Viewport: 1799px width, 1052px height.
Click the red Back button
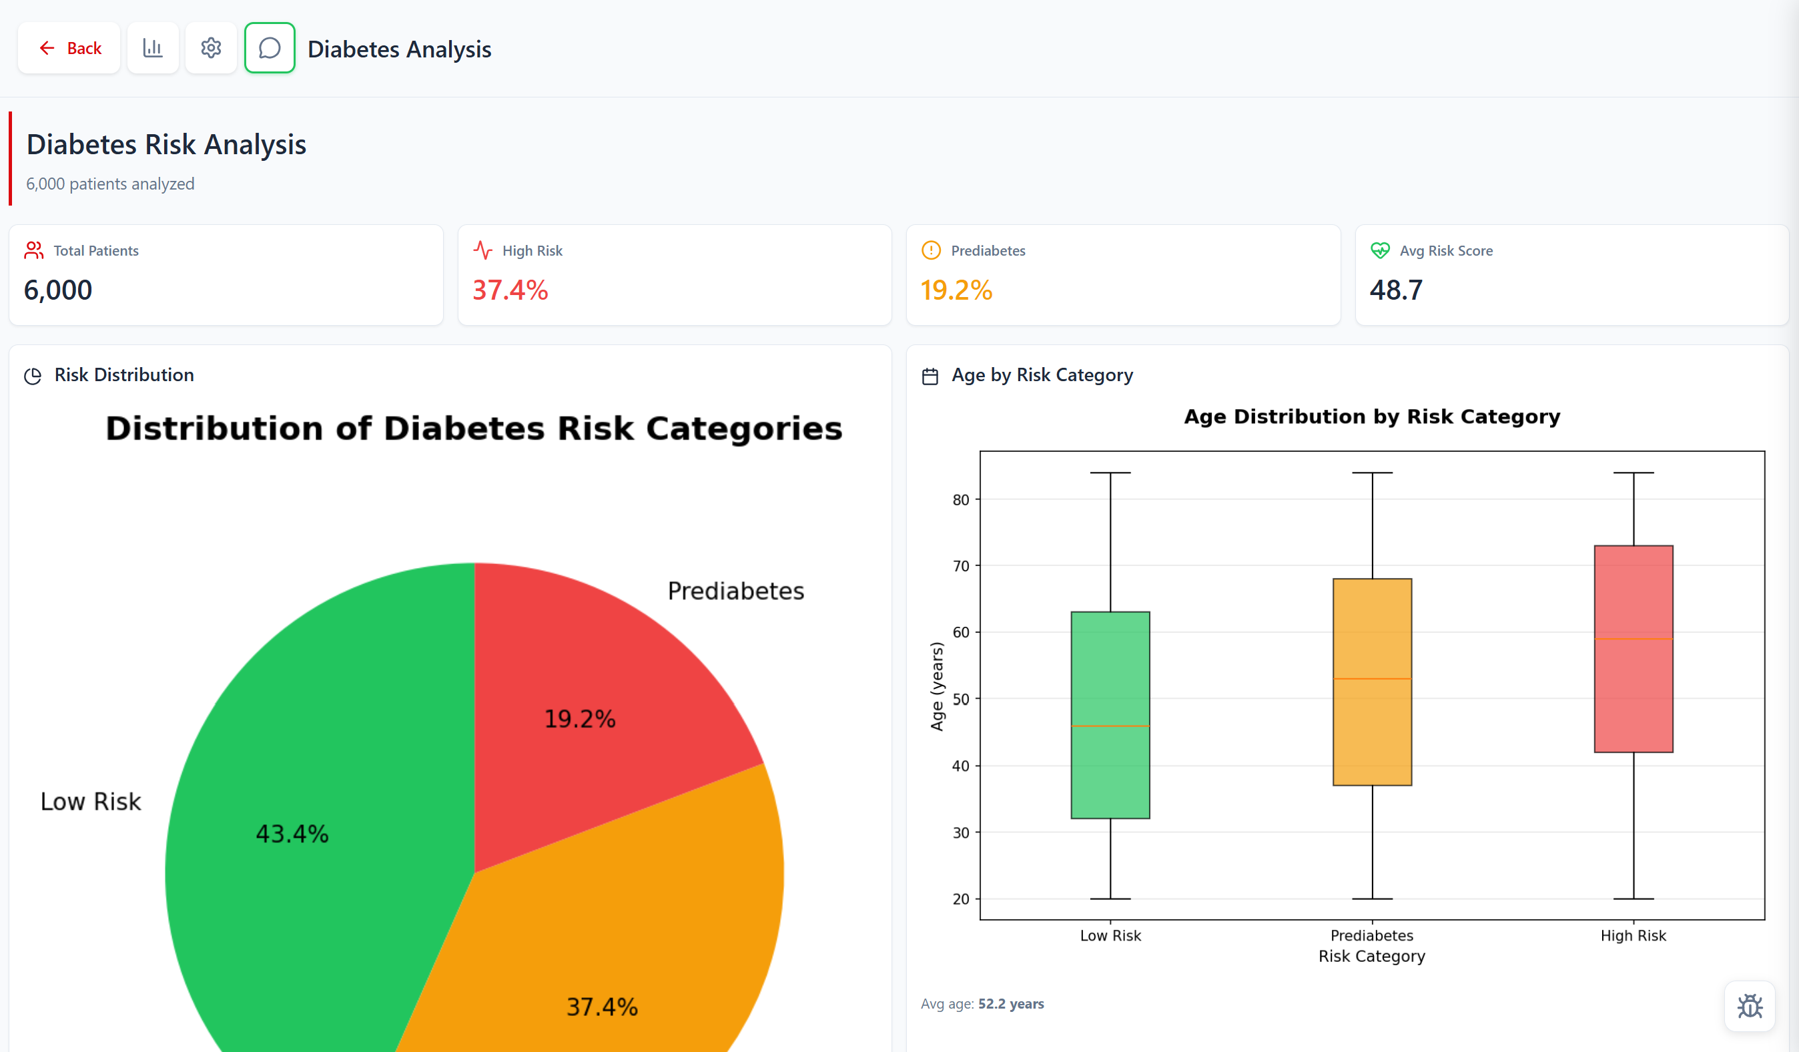click(x=69, y=48)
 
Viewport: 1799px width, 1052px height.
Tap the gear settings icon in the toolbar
click(x=211, y=48)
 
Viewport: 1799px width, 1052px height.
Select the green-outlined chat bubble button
click(x=269, y=48)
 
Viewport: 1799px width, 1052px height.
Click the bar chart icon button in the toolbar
click(x=153, y=48)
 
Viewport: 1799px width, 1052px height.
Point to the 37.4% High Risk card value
click(x=510, y=290)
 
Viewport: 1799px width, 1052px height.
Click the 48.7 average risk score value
click(x=1396, y=290)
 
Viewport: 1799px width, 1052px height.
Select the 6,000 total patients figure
click(x=58, y=290)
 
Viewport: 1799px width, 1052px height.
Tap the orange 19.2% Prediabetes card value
click(x=956, y=290)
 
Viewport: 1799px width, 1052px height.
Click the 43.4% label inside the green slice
click(x=292, y=834)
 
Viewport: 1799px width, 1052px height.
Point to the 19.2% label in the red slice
click(x=580, y=718)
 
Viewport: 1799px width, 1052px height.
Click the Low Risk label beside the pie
click(x=91, y=801)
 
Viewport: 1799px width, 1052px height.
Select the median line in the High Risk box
click(x=1634, y=639)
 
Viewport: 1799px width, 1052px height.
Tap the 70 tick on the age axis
click(x=960, y=566)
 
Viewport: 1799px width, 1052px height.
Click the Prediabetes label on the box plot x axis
click(x=1371, y=936)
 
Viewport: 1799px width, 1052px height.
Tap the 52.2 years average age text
click(x=1010, y=1003)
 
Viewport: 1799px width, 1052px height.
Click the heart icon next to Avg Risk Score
click(x=1379, y=251)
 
